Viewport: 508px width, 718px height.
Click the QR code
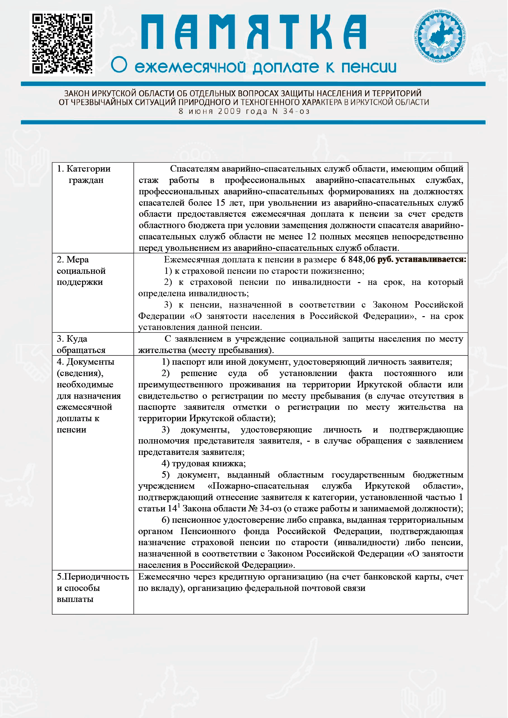tap(62, 43)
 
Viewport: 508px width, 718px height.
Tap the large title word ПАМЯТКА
tap(253, 33)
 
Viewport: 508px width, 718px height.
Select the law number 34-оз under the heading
tap(296, 111)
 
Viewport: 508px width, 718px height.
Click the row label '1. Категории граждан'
tap(84, 174)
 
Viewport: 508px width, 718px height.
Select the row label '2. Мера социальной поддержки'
tap(81, 270)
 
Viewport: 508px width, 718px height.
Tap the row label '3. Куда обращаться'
tap(81, 344)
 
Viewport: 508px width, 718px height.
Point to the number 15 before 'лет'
tap(220, 203)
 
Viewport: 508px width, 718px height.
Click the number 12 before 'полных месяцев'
tap(311, 236)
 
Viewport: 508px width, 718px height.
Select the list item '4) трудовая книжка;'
tap(204, 463)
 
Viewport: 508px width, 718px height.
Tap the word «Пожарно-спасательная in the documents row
tap(258, 486)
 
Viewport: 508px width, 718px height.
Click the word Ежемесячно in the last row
tap(164, 576)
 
